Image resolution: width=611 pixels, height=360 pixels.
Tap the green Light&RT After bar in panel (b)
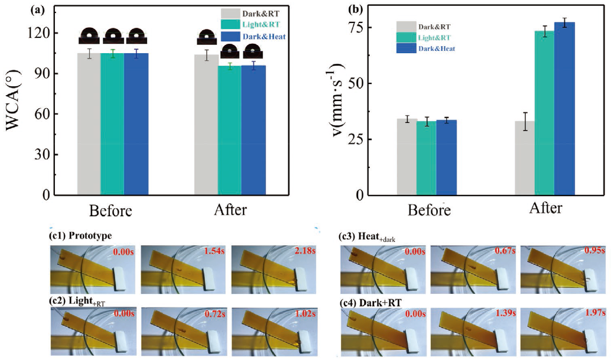[544, 112]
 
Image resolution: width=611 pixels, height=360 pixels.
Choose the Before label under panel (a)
[110, 211]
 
